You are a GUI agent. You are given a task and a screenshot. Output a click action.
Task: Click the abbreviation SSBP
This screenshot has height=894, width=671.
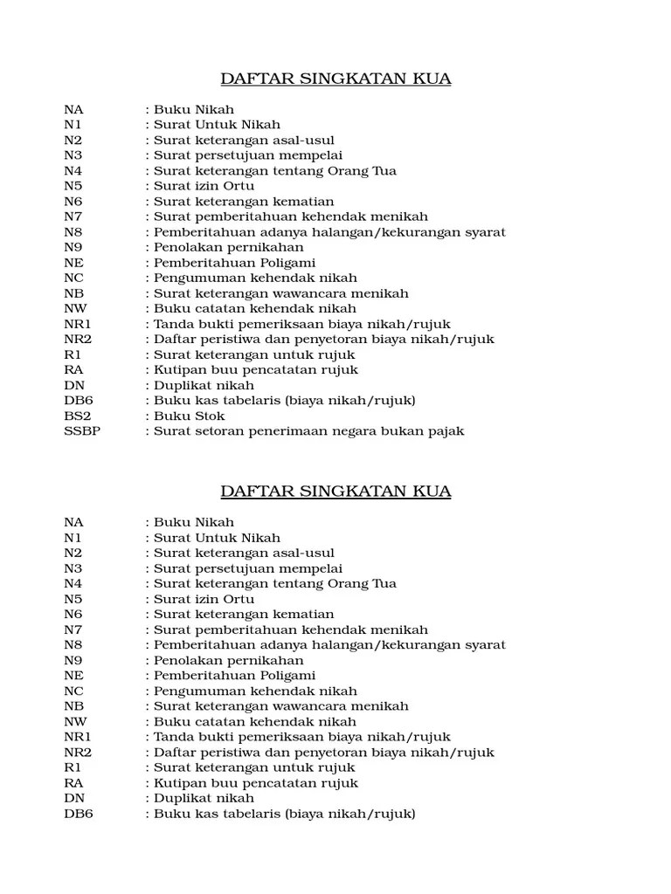click(x=82, y=431)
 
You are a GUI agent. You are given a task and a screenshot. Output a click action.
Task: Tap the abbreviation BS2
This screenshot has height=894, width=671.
click(x=77, y=416)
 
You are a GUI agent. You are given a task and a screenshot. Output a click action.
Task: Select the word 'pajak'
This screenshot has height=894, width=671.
click(x=445, y=431)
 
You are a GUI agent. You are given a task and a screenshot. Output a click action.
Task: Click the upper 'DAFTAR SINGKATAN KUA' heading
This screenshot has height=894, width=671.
click(x=335, y=79)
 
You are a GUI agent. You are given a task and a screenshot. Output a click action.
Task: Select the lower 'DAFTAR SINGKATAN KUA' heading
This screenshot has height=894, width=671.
click(x=335, y=492)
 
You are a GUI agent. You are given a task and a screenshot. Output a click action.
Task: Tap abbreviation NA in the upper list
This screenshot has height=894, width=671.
click(x=73, y=110)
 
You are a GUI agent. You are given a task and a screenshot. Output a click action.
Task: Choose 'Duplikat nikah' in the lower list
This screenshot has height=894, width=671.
click(x=204, y=798)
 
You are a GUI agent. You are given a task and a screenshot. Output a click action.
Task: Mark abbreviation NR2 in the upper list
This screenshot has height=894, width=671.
click(x=78, y=340)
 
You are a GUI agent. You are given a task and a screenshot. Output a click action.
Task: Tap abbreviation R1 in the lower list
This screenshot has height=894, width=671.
click(x=73, y=767)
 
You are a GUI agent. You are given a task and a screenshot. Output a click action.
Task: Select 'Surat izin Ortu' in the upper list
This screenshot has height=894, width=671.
click(x=204, y=187)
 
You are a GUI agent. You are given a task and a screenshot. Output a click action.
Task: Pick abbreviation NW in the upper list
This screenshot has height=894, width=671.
click(x=75, y=309)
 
